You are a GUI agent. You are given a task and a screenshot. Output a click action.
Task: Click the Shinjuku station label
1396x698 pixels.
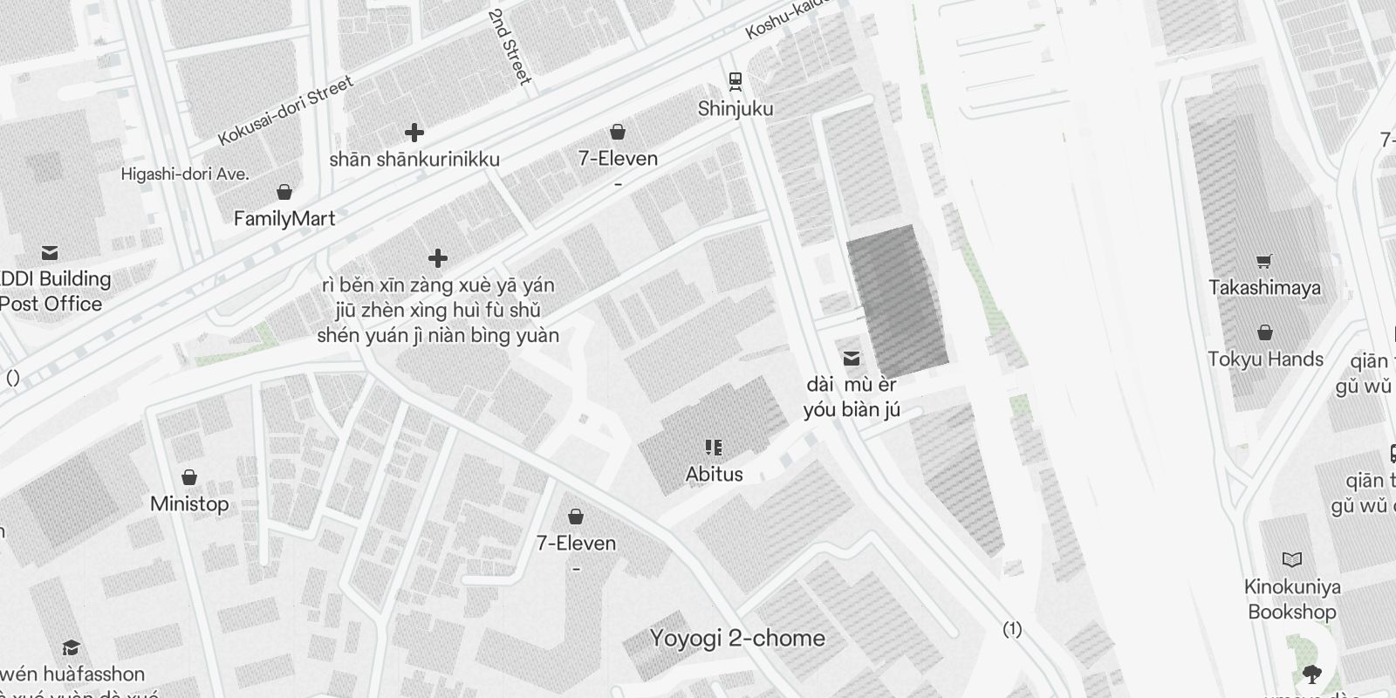pyautogui.click(x=736, y=109)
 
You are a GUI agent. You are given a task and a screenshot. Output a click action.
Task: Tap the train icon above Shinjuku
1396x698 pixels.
pyautogui.click(x=736, y=81)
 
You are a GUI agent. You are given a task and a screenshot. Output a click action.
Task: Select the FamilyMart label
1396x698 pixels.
pyautogui.click(x=284, y=218)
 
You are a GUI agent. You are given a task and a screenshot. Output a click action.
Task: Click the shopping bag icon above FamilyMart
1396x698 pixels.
pyautogui.click(x=284, y=192)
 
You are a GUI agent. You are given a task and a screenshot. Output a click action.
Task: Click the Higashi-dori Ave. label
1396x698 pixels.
pyautogui.click(x=185, y=174)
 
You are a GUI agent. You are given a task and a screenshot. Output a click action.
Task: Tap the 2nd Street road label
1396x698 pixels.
pyautogui.click(x=510, y=47)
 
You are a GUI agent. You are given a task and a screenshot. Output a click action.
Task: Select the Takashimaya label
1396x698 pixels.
pyautogui.click(x=1264, y=288)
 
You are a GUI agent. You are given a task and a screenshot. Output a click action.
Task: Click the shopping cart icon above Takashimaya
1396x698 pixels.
pyautogui.click(x=1264, y=261)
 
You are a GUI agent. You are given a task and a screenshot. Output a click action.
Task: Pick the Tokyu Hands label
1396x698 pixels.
pyautogui.click(x=1265, y=359)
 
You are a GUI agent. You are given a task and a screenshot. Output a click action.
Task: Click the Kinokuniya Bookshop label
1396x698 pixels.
pyautogui.click(x=1292, y=599)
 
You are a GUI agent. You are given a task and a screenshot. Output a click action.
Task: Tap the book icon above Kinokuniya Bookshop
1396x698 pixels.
pyautogui.click(x=1292, y=559)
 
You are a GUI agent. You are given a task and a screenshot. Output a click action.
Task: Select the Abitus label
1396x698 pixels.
pyautogui.click(x=715, y=475)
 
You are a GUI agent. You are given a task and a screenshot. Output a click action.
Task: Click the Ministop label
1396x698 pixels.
pyautogui.click(x=189, y=504)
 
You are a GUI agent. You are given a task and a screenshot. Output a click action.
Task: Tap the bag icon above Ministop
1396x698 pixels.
pyautogui.click(x=189, y=477)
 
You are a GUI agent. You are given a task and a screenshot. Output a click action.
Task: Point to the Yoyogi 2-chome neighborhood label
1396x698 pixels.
pyautogui.click(x=737, y=639)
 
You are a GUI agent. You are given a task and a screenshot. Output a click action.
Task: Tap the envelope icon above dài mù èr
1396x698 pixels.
pyautogui.click(x=852, y=359)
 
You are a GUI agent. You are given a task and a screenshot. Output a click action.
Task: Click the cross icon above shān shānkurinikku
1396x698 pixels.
pyautogui.click(x=414, y=133)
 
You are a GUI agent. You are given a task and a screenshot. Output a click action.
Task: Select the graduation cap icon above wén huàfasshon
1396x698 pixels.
pyautogui.click(x=72, y=648)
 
